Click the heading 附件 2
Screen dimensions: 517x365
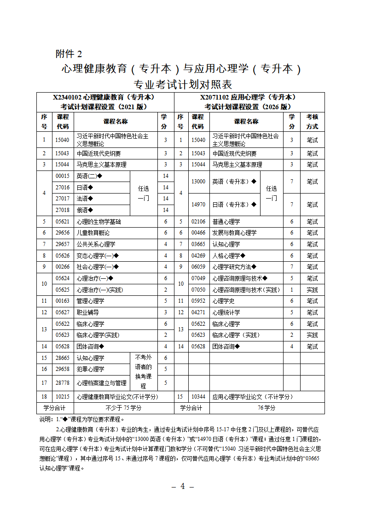pyautogui.click(x=69, y=54)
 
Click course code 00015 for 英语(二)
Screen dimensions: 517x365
pyautogui.click(x=63, y=176)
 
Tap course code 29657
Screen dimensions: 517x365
pyautogui.click(x=63, y=244)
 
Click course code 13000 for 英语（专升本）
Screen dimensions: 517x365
pyautogui.click(x=198, y=182)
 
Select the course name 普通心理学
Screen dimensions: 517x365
pyautogui.click(x=226, y=222)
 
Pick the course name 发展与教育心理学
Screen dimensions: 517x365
pyautogui.click(x=234, y=233)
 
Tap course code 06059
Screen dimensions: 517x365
pyautogui.click(x=198, y=267)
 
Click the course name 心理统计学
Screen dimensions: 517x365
pyautogui.click(x=226, y=312)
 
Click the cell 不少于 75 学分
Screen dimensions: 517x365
pyautogui.click(x=123, y=408)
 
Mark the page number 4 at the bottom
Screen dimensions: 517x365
pyautogui.click(x=182, y=487)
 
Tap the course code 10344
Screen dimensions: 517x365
pyautogui.click(x=198, y=397)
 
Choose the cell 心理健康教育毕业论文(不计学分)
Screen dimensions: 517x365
pyautogui.click(x=117, y=397)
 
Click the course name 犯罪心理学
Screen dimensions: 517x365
pyautogui.click(x=90, y=369)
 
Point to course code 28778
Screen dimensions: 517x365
pyautogui.click(x=63, y=383)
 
